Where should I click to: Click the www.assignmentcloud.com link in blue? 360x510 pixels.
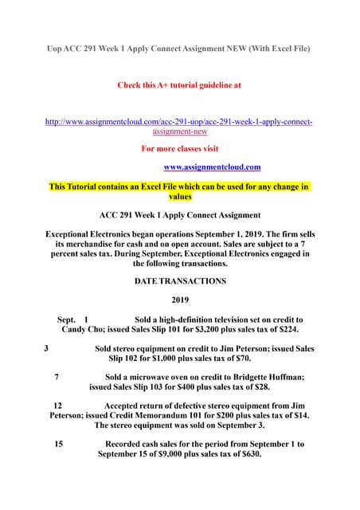[212, 167]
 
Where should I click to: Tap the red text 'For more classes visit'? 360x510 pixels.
[179, 148]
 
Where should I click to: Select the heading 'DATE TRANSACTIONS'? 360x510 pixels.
[180, 281]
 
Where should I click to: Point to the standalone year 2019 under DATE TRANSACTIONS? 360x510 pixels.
[181, 300]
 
